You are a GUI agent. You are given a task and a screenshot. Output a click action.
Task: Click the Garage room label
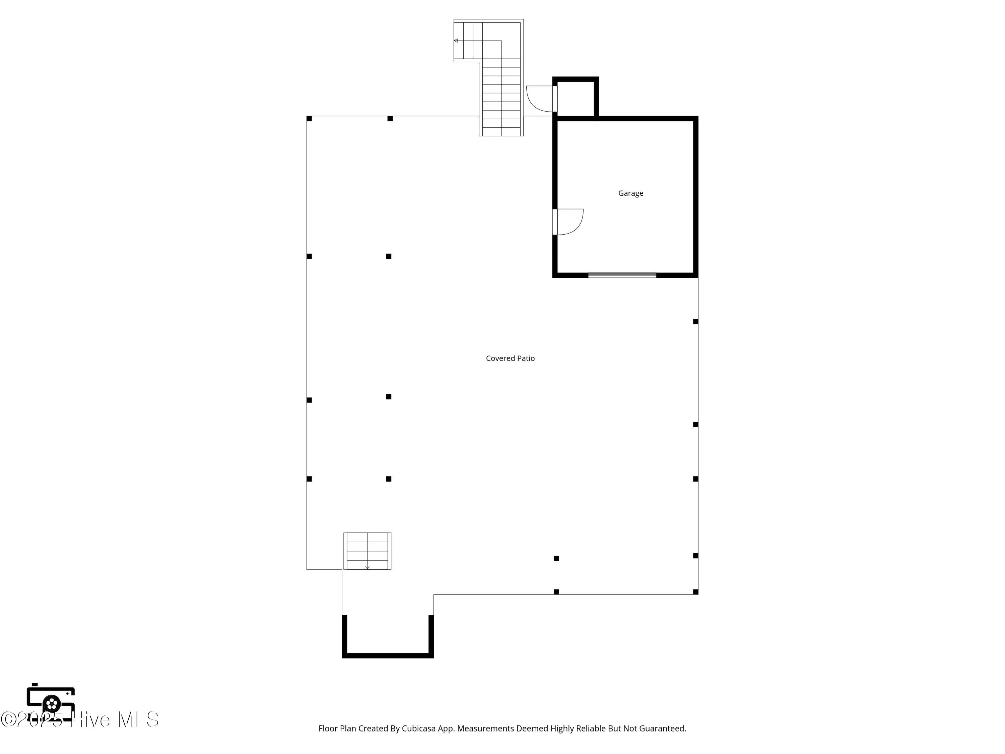coord(630,193)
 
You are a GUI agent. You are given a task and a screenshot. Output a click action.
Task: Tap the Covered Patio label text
coord(510,358)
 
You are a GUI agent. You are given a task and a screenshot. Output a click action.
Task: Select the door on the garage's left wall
coord(568,222)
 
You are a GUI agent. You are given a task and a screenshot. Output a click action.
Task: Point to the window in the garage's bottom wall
coord(622,275)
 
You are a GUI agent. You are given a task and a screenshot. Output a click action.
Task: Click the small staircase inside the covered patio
coord(367,551)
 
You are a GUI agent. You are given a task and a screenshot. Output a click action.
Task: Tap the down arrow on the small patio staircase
coord(367,567)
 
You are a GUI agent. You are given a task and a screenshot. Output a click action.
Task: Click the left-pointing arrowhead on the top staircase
coord(456,41)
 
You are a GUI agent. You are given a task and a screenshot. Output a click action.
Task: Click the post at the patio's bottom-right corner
coord(695,592)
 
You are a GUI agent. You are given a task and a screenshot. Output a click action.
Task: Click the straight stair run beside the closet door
coord(501,98)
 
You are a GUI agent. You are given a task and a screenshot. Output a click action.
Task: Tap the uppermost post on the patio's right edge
coord(695,321)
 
